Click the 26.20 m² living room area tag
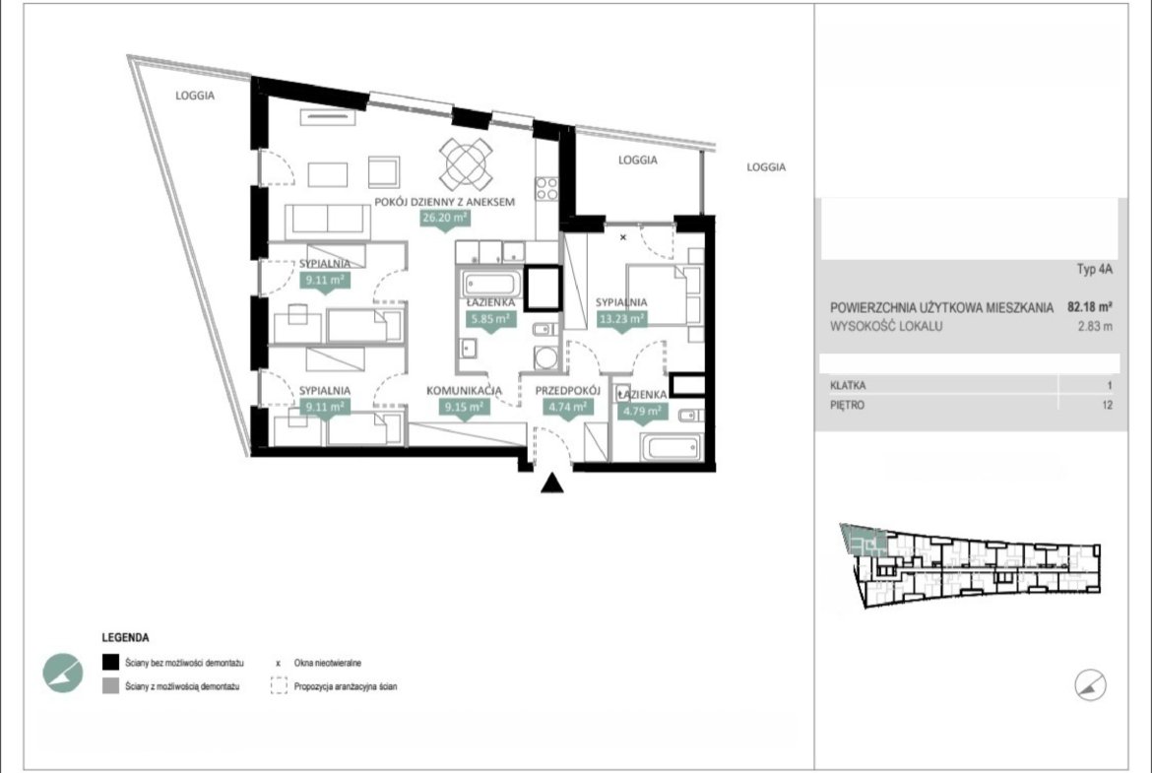(445, 219)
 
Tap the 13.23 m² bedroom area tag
(621, 320)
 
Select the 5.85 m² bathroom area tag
(490, 320)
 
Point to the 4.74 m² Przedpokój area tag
(567, 408)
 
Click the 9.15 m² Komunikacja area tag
(463, 408)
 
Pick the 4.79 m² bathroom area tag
(643, 413)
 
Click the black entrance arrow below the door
(551, 483)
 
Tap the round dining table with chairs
(466, 164)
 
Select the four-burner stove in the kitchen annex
(546, 189)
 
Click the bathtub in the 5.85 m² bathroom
(491, 284)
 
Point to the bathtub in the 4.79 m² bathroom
(671, 447)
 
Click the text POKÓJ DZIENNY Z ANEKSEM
(444, 201)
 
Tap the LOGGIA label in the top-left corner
(195, 96)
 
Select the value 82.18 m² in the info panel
(1090, 307)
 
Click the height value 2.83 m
(1095, 326)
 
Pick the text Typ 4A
(1095, 269)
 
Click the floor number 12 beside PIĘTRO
(1107, 405)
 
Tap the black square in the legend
(110, 662)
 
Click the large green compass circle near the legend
(62, 673)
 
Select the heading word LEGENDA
(125, 638)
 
